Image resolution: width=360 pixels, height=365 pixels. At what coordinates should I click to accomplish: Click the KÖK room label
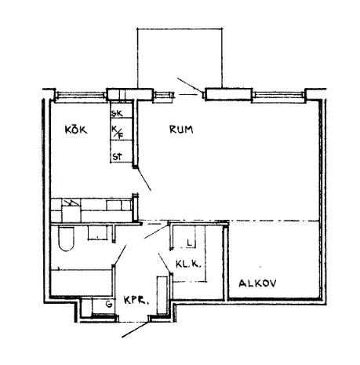(x=76, y=130)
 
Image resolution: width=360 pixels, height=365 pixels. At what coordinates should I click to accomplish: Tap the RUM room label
(x=181, y=130)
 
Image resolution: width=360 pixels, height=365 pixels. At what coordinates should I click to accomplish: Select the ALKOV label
(x=257, y=283)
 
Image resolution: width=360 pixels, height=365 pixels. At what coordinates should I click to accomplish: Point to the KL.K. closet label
(x=188, y=265)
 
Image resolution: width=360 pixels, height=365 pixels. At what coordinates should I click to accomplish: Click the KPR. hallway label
(x=136, y=301)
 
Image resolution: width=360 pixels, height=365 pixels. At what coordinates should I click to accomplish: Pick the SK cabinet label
(x=117, y=114)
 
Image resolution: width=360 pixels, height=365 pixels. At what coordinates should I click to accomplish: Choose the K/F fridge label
(x=118, y=132)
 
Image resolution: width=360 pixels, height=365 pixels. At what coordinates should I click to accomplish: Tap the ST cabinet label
(x=117, y=157)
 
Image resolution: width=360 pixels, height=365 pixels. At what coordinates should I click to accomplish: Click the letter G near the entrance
(x=109, y=304)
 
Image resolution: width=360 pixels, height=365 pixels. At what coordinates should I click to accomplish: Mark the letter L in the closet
(x=190, y=243)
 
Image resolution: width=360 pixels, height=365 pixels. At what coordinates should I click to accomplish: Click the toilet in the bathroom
(x=67, y=239)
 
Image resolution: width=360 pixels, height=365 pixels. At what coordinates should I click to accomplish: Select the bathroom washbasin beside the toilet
(x=97, y=232)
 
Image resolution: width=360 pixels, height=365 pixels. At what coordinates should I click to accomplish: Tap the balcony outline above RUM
(x=180, y=28)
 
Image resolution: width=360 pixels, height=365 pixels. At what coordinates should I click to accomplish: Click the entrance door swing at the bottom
(x=136, y=329)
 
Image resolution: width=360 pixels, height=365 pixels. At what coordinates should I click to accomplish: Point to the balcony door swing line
(x=190, y=85)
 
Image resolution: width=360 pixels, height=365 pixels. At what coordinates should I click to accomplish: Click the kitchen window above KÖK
(x=80, y=96)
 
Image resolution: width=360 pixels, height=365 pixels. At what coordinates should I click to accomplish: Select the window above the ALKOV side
(x=278, y=96)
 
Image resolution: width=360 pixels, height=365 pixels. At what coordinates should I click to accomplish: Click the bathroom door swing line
(x=120, y=255)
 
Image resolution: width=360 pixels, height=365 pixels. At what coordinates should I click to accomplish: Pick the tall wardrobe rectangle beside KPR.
(x=162, y=294)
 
